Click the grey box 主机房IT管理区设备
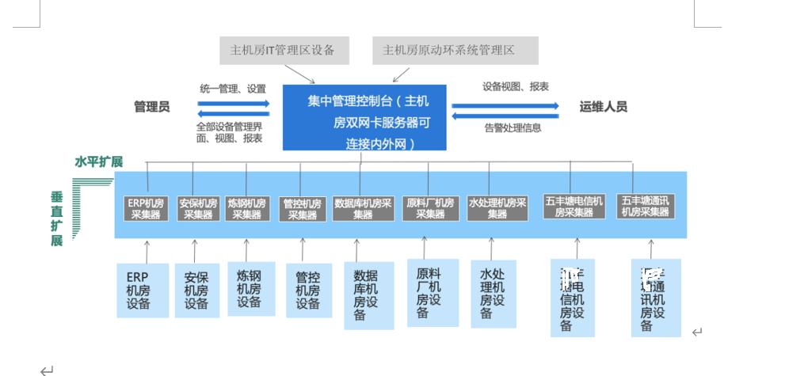tap(284, 50)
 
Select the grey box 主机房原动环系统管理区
tap(455, 50)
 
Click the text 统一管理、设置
tap(233, 89)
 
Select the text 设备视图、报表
tap(516, 86)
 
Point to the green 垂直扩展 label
tap(56, 218)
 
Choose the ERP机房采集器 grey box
tap(147, 208)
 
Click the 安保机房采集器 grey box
tap(197, 208)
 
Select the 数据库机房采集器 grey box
tap(363, 208)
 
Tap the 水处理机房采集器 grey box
tap(497, 208)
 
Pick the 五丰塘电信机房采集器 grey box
tap(574, 207)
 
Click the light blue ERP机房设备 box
tap(143, 291)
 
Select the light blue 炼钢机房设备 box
tap(250, 289)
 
